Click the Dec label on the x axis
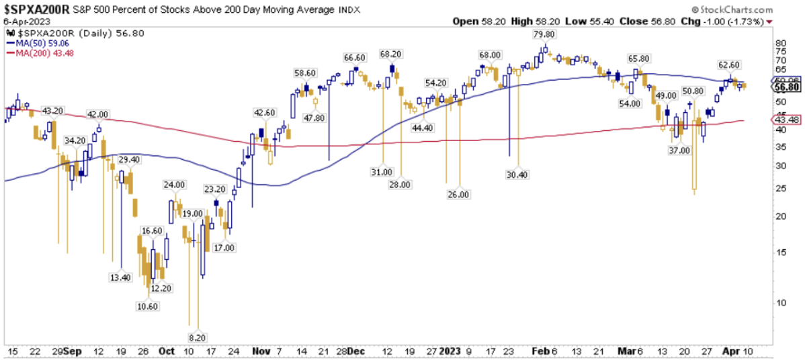pos(356,351)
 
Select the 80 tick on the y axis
pos(780,42)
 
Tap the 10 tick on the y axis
pos(780,302)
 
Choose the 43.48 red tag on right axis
pos(785,120)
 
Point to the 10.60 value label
pos(149,307)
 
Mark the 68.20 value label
pos(390,54)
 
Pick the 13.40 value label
pos(122,277)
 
